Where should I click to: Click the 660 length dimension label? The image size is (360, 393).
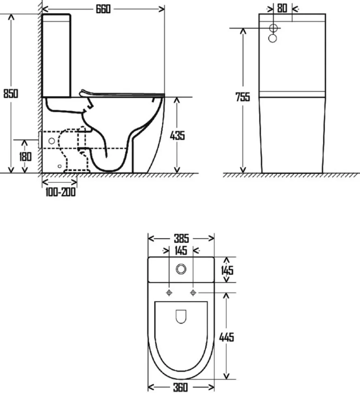click(103, 9)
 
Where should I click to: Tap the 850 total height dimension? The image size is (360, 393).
click(11, 94)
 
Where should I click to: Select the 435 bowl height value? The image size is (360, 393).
click(177, 136)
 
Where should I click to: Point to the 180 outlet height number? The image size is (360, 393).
click(26, 157)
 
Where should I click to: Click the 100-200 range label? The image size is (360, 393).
click(60, 192)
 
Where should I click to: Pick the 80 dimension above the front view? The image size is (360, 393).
click(282, 8)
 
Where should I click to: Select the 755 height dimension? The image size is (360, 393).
click(242, 97)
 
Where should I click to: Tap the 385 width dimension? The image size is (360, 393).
click(181, 238)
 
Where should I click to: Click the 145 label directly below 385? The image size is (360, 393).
click(181, 250)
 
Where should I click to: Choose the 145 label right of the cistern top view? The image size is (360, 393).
click(227, 270)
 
